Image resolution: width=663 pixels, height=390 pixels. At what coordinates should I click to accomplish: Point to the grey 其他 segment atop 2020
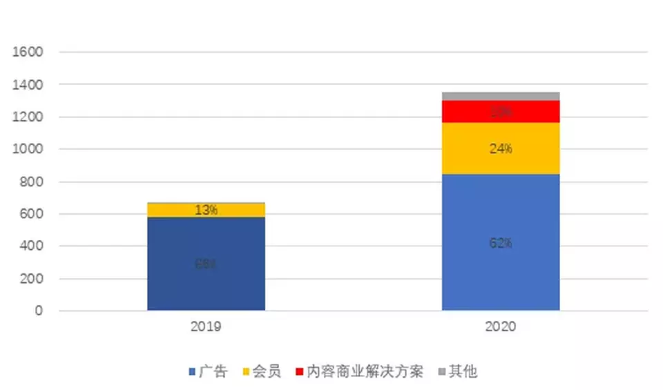point(501,96)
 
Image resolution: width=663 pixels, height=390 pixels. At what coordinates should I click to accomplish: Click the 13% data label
point(206,210)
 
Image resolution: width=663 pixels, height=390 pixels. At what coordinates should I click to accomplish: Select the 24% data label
point(501,148)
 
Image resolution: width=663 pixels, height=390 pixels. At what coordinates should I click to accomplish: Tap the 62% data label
point(501,243)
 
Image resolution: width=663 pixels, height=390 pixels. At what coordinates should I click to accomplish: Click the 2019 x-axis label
point(206,326)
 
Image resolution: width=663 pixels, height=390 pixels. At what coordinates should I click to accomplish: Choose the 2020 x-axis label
point(501,326)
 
